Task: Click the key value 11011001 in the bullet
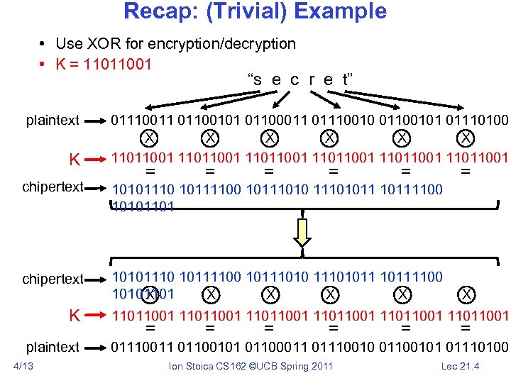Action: coord(117,64)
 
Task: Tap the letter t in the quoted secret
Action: coord(345,79)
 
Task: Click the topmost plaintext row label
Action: coord(53,120)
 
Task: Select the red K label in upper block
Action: coord(73,160)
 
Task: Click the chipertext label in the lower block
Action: coord(53,279)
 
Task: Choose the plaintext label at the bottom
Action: coord(53,347)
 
